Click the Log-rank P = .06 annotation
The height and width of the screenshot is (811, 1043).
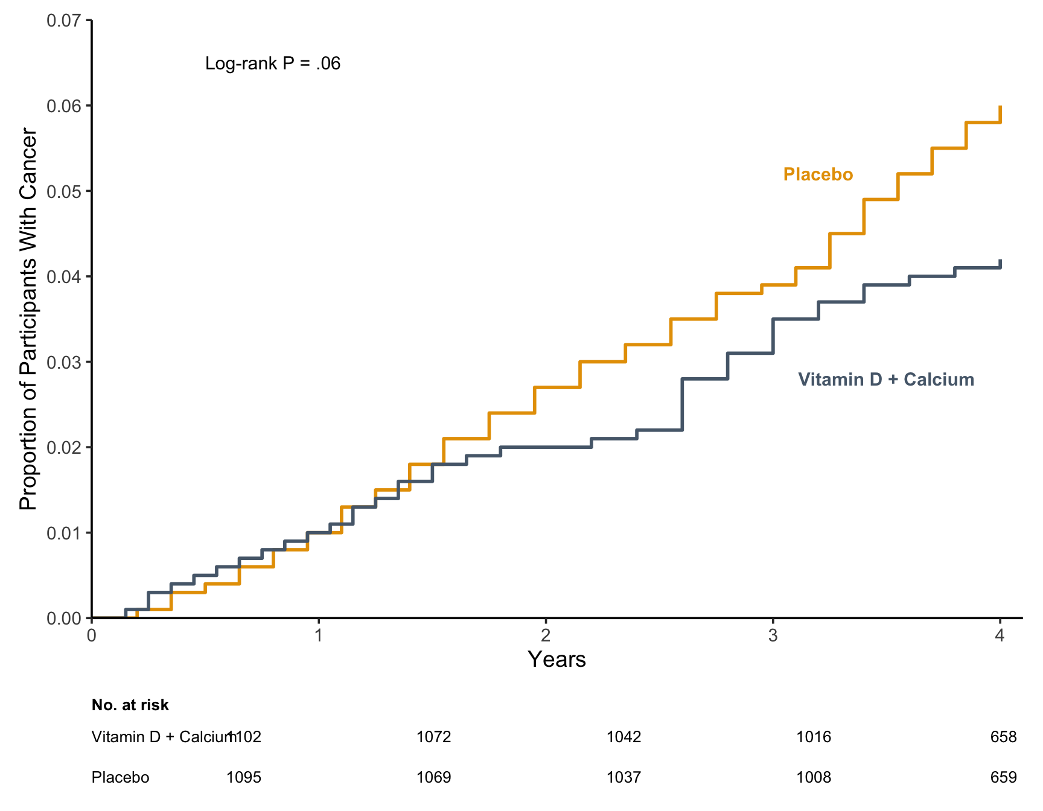point(273,63)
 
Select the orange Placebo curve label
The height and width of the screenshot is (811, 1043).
point(818,174)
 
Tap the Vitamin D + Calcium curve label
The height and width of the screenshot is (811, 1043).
point(886,380)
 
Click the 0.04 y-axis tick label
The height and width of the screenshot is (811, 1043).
point(63,277)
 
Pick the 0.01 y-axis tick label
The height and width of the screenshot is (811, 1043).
point(63,533)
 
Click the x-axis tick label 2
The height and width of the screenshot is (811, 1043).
point(546,635)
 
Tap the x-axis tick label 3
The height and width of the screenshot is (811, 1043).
point(773,635)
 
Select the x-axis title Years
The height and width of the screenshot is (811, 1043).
point(557,660)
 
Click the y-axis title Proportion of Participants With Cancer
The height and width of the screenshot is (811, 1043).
point(28,319)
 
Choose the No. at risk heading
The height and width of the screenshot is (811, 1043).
point(130,705)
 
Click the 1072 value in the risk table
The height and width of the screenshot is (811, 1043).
point(434,737)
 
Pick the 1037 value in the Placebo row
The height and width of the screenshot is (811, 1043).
point(624,777)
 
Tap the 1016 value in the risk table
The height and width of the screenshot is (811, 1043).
point(814,737)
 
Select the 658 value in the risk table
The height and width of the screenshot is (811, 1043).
point(1004,737)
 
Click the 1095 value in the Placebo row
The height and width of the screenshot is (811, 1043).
point(244,777)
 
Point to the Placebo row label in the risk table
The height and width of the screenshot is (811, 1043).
point(120,777)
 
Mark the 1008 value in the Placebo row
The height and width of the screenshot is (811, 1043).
point(814,777)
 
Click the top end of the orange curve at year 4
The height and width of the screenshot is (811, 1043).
point(1000,106)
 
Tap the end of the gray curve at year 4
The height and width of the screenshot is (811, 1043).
point(1000,260)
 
